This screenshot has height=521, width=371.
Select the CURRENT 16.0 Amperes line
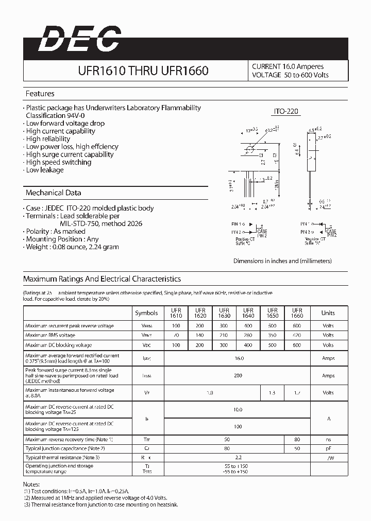tap(288, 66)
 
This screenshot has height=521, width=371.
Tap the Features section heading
tap(40, 94)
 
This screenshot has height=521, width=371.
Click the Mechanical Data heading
tap(54, 193)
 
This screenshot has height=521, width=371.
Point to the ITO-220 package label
tap(285, 111)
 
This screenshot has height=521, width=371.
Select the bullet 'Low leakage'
tap(45, 170)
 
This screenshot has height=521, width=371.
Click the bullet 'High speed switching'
tap(58, 162)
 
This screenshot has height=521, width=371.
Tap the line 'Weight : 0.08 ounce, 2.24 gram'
tap(72, 247)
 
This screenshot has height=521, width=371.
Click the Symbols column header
tap(146, 313)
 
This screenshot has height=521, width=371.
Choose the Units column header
tap(328, 313)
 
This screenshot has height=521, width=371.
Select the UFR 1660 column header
tap(297, 313)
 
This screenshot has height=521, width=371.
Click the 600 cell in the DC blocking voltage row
tap(297, 345)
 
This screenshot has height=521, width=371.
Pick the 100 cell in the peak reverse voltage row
tap(176, 326)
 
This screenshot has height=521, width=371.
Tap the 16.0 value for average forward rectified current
tap(239, 358)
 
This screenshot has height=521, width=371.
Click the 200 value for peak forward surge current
tap(238, 376)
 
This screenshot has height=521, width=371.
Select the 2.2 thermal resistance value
tap(238, 457)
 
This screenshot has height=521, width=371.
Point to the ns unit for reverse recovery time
tap(328, 440)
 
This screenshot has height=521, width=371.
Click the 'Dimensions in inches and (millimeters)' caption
tap(282, 261)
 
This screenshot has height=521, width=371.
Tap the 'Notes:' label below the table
tap(31, 485)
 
